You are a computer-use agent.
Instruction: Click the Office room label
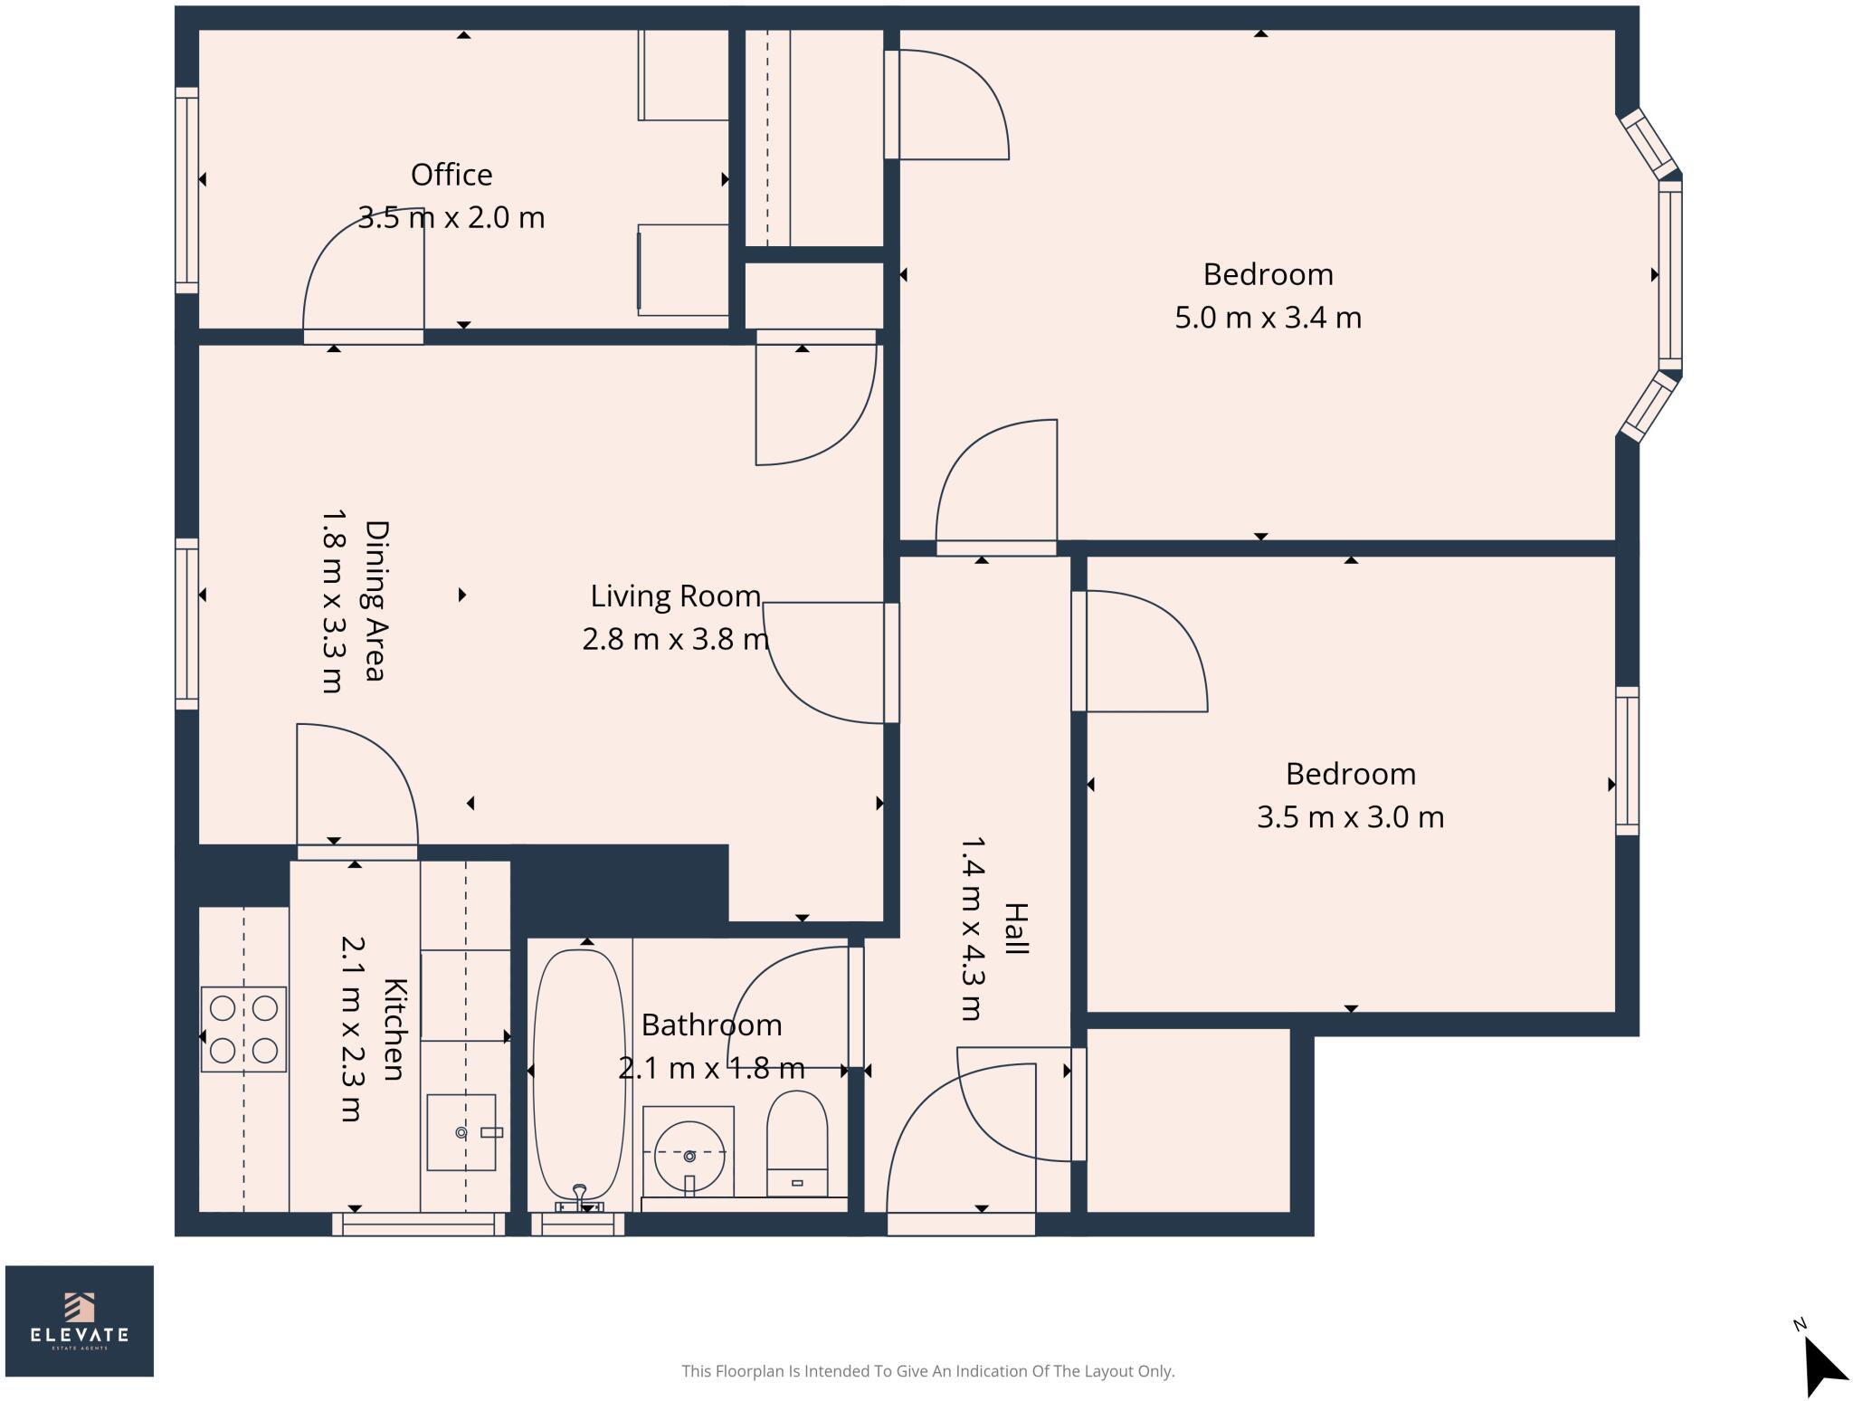coord(451,175)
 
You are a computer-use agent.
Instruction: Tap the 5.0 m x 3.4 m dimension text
coord(1268,318)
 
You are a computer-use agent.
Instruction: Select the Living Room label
coord(675,596)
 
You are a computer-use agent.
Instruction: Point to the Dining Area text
coord(375,600)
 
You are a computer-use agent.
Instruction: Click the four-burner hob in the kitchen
coord(243,1030)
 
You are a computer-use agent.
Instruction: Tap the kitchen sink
coord(461,1132)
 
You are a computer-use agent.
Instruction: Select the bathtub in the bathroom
coord(579,1072)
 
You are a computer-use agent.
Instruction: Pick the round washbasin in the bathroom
coord(689,1157)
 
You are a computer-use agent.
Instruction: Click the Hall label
coord(1016,929)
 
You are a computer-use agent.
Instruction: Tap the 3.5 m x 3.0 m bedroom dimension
coord(1350,817)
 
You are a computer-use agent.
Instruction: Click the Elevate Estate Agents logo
coord(80,1320)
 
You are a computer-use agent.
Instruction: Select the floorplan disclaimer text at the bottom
coord(927,1371)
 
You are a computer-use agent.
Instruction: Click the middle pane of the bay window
coord(1669,275)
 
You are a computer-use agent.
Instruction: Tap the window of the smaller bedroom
coord(1627,760)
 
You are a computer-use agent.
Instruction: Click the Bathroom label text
coord(711,1025)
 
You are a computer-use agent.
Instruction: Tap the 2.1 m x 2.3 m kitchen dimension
coord(352,1029)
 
